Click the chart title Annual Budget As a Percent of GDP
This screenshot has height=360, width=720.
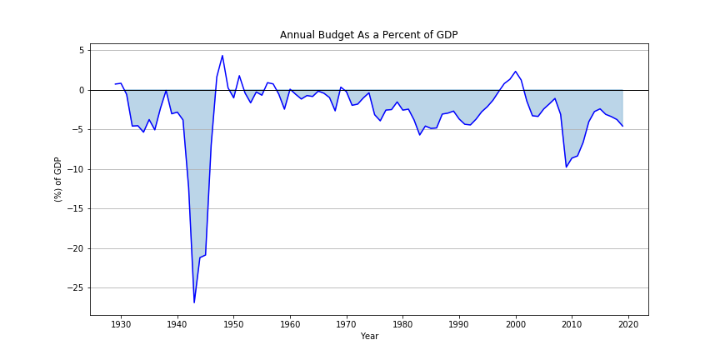(x=368, y=35)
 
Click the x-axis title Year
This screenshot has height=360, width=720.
(x=369, y=337)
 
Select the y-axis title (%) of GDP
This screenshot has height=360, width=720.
(x=58, y=179)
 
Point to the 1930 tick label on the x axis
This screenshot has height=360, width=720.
(x=121, y=323)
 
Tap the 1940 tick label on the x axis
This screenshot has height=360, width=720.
(x=177, y=323)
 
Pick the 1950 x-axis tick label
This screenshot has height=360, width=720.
(x=233, y=323)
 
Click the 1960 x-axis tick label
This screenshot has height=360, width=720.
(x=290, y=323)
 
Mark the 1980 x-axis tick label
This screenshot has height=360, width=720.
(x=402, y=323)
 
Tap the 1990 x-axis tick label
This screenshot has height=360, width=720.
(x=459, y=323)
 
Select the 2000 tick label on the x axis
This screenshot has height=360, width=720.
(x=516, y=323)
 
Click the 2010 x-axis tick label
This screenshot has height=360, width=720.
(x=572, y=323)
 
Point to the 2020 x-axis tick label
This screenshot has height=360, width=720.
(x=628, y=323)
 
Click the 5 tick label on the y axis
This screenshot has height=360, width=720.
(x=81, y=50)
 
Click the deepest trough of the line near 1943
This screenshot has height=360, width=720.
(x=194, y=302)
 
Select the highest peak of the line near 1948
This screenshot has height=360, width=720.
(x=222, y=56)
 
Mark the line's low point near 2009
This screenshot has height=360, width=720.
(x=567, y=167)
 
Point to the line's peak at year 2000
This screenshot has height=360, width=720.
(x=516, y=72)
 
